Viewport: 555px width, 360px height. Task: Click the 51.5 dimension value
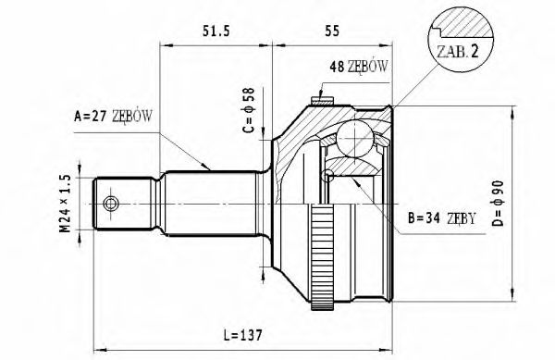pyautogui.click(x=216, y=31)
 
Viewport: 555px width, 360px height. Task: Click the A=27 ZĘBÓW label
pyautogui.click(x=112, y=117)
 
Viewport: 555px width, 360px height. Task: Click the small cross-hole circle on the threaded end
pyautogui.click(x=111, y=204)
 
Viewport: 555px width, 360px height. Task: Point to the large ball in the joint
pyautogui.click(x=353, y=142)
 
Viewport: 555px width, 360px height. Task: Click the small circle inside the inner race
pyautogui.click(x=328, y=174)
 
